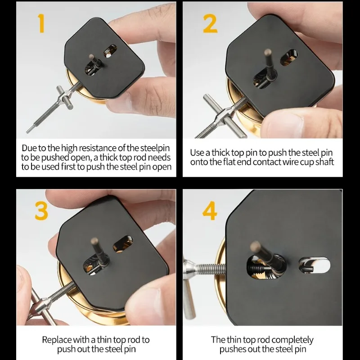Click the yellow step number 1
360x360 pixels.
(x=41, y=23)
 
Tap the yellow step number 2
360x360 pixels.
(x=210, y=23)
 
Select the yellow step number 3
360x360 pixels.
(x=41, y=211)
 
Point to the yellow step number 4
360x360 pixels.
(x=210, y=211)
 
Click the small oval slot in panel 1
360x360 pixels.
(x=110, y=51)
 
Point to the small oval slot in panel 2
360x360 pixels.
(x=288, y=57)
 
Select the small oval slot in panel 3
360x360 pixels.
(x=122, y=243)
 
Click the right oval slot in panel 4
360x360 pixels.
(x=314, y=265)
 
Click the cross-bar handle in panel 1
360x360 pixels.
(x=65, y=98)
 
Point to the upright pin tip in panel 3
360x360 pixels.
(x=94, y=241)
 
